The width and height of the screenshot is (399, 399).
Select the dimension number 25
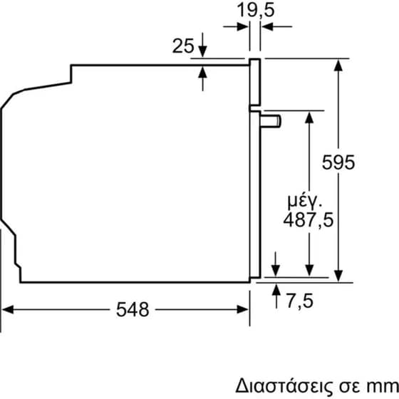(x=183, y=47)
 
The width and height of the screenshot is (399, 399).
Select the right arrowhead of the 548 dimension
(x=243, y=309)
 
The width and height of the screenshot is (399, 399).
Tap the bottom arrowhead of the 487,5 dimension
(x=309, y=270)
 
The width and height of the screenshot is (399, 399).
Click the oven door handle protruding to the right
(x=271, y=121)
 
